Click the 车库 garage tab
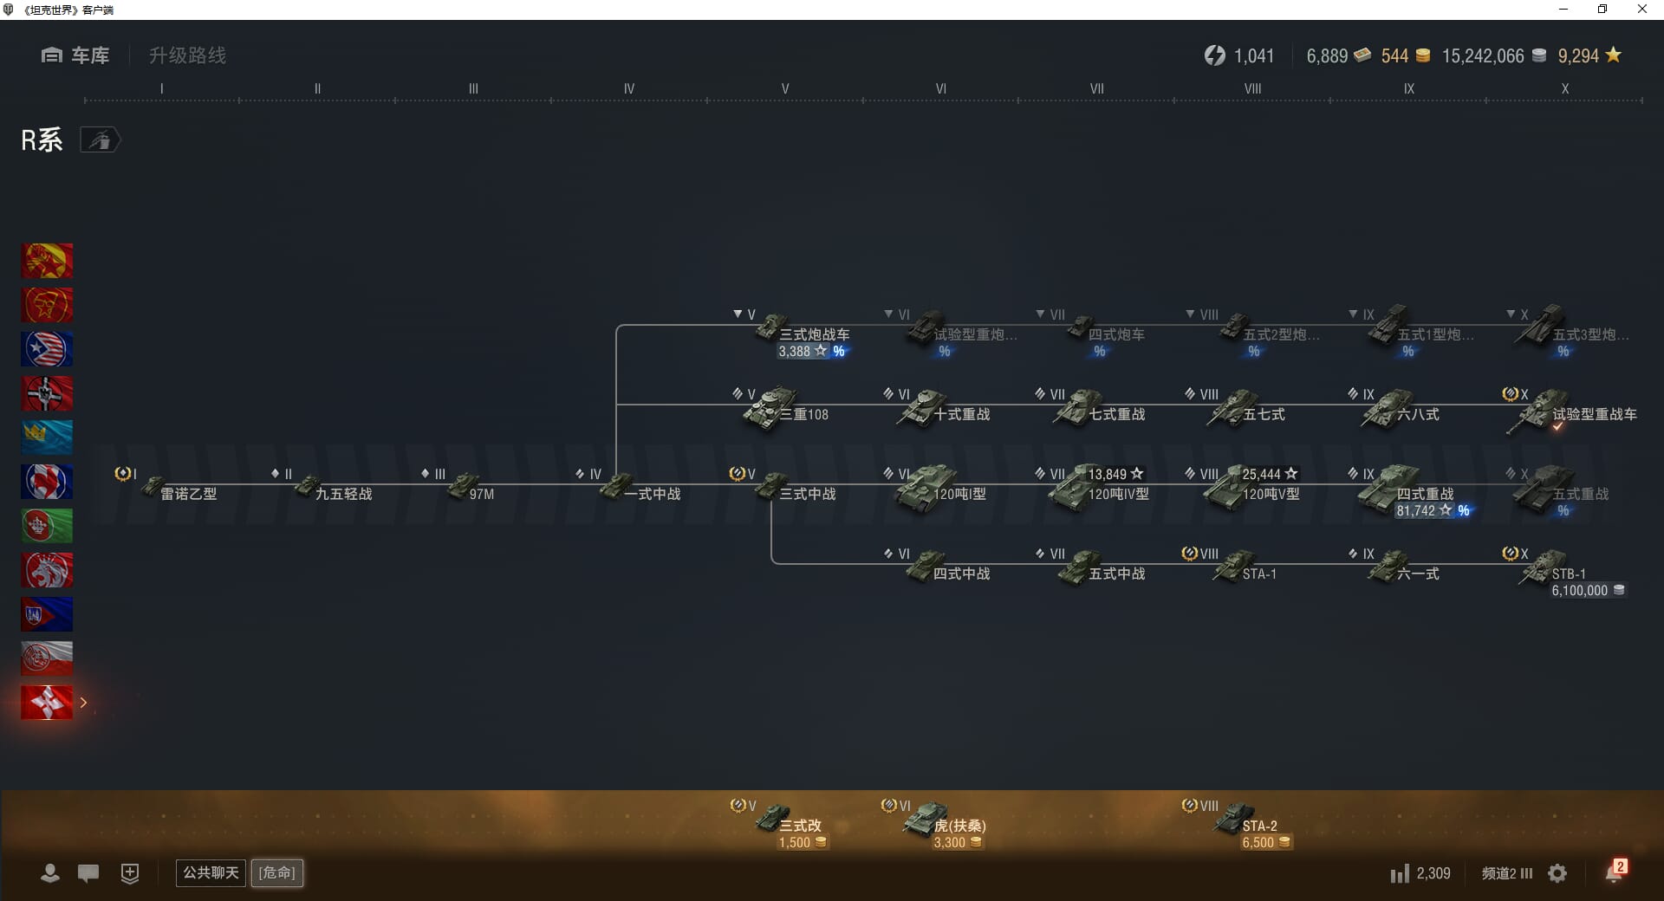75,55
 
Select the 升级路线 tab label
187,55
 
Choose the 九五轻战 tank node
335,491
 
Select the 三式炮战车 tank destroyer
802,333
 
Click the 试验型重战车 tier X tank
1577,412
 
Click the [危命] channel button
277,872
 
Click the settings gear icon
1557,873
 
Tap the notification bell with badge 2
1614,872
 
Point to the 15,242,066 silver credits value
1482,56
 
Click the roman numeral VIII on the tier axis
1252,88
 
